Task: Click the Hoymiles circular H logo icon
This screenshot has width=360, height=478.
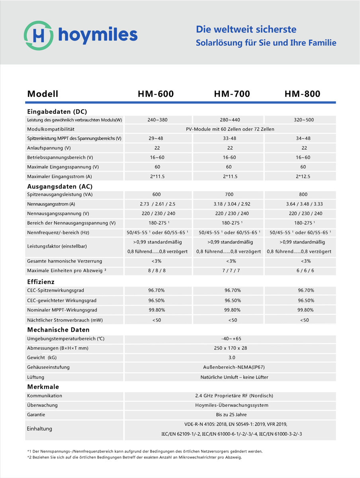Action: click(x=38, y=35)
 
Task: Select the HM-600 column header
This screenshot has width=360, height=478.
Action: click(x=156, y=94)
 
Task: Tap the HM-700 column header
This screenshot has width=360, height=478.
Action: click(x=232, y=94)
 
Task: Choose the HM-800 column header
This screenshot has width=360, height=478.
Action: click(x=302, y=94)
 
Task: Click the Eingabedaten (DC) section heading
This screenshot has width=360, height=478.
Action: click(x=57, y=112)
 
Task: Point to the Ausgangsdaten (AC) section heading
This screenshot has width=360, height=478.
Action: click(x=60, y=186)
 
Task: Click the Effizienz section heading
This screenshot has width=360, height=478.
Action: click(x=41, y=282)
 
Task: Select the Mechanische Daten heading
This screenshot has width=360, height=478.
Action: click(x=58, y=330)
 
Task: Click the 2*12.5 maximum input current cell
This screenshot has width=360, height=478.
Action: click(x=303, y=176)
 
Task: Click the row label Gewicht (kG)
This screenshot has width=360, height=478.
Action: click(x=42, y=358)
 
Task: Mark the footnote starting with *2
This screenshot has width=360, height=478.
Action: click(x=135, y=457)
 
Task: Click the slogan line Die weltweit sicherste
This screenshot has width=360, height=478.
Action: click(x=246, y=29)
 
